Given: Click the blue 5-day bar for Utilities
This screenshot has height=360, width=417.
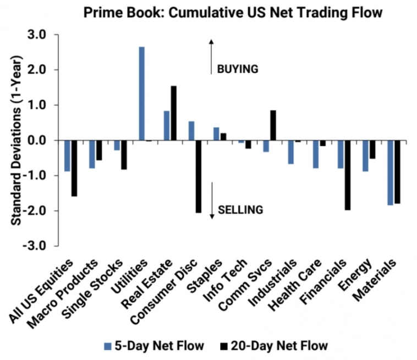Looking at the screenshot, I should (x=141, y=94).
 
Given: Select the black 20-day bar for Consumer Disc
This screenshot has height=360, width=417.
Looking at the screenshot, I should (x=198, y=177).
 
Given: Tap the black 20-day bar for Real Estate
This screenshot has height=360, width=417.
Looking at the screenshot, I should (x=173, y=113).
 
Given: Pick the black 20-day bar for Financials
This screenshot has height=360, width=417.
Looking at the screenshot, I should (x=347, y=175).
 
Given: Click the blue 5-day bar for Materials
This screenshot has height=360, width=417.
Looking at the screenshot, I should (x=390, y=173).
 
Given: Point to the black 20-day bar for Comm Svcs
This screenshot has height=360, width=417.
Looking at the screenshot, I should (x=273, y=126).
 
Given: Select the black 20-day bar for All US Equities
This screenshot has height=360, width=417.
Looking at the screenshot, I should (x=74, y=168).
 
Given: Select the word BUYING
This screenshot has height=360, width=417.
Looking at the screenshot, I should (x=237, y=69).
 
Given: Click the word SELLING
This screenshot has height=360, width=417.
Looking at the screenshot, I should (x=240, y=210).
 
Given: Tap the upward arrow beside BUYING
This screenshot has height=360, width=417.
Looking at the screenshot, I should (x=212, y=56).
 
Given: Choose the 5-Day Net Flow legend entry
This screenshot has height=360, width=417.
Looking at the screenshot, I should (x=154, y=346).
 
